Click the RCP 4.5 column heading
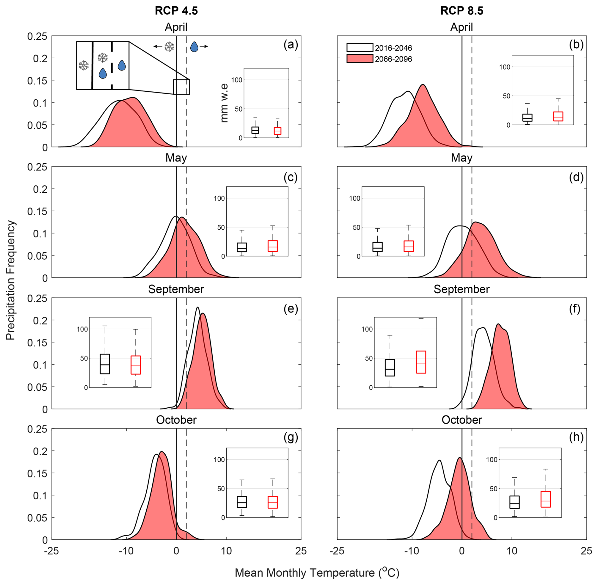(176, 11)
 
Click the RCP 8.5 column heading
(461, 11)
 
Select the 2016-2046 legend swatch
(360, 47)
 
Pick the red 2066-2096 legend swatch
(360, 59)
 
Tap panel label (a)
(291, 45)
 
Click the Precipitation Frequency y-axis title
(10, 280)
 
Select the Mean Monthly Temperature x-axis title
(317, 572)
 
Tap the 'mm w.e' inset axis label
(224, 103)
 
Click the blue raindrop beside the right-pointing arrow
(194, 47)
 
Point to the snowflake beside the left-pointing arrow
(169, 47)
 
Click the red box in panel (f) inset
(421, 362)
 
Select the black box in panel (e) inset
(105, 364)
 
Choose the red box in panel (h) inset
(546, 499)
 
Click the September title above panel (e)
(176, 289)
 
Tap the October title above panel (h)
(461, 420)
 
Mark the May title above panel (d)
(461, 158)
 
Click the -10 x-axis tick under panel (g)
(126, 551)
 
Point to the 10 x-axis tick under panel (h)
(511, 551)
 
